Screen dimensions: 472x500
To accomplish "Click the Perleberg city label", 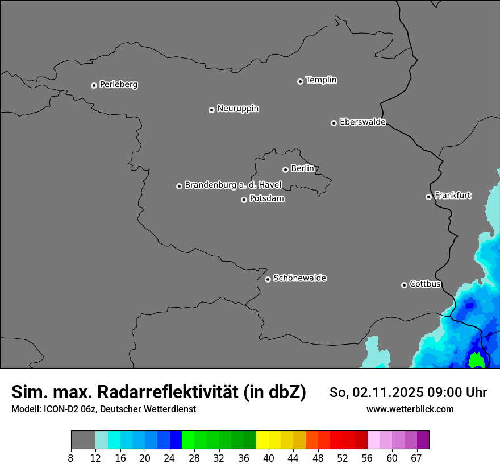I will click(118, 85).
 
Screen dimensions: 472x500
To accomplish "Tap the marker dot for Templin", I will click(300, 81).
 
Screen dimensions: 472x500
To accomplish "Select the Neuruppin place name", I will click(238, 109).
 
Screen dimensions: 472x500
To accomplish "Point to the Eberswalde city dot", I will click(334, 123).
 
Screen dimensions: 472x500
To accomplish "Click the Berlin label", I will click(302, 168).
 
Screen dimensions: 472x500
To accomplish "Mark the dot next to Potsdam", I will click(244, 200).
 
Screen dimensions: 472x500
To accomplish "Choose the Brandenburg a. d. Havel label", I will click(233, 185).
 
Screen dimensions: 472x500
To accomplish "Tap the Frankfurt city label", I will click(453, 196).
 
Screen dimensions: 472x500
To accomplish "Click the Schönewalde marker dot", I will click(268, 279).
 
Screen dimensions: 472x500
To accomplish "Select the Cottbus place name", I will click(425, 284).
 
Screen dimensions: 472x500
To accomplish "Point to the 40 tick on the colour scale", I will click(269, 458).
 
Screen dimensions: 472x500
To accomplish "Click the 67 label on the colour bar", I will click(416, 458).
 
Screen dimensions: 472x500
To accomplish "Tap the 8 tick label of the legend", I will click(71, 458).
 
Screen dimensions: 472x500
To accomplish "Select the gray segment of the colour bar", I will click(83, 440).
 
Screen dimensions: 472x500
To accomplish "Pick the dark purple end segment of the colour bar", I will click(423, 440).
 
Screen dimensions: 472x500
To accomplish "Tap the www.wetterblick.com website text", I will click(410, 409).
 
